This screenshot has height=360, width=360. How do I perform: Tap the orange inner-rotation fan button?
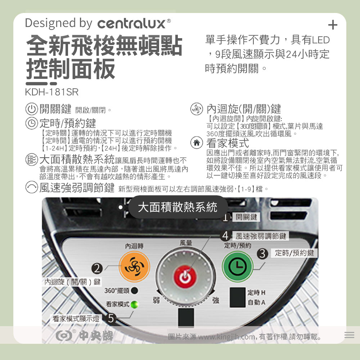pos(134,267)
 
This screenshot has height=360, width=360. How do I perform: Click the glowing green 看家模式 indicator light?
pos(134,305)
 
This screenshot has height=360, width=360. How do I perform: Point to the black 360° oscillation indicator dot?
pos(134,291)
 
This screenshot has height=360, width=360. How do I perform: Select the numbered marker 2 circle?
pos(97,268)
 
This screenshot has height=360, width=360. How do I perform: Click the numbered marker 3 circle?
pos(262,254)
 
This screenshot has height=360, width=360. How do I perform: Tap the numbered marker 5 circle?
pos(111,319)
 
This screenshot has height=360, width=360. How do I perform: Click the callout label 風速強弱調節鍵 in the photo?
pos(261,236)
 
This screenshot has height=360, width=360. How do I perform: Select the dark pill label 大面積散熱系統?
pos(178,207)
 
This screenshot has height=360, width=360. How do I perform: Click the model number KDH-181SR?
pos(51,92)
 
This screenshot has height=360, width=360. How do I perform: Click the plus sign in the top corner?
pos(333,25)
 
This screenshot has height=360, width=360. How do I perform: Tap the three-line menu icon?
pos(349,335)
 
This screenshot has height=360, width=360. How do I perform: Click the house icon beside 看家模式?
pos(197,143)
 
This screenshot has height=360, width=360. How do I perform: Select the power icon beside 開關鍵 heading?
pos(31,109)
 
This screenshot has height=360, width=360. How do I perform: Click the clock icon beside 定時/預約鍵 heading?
pos(31,123)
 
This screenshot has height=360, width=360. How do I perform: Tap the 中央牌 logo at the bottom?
pos(85,336)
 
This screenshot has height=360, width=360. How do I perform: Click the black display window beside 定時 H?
pos(237,297)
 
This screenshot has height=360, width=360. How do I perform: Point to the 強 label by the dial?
pos(215,300)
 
